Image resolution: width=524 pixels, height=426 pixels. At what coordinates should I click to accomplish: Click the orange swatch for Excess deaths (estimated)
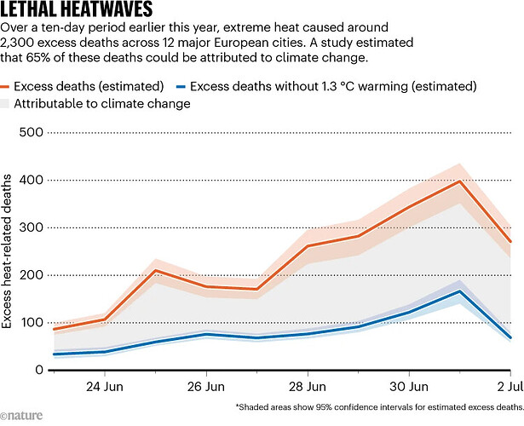click(15, 86)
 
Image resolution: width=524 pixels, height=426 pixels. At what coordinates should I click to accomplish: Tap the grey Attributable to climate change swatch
click(15, 103)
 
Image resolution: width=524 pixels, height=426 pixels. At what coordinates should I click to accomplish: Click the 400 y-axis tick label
click(31, 180)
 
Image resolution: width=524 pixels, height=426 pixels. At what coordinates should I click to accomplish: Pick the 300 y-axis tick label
click(31, 227)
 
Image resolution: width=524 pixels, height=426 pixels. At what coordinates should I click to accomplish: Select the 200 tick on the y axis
click(31, 275)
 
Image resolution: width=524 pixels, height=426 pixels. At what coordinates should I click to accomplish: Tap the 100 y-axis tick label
click(31, 323)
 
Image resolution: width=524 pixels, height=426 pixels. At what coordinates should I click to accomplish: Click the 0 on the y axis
click(39, 370)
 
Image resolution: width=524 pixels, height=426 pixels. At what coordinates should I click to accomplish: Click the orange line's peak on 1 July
click(460, 181)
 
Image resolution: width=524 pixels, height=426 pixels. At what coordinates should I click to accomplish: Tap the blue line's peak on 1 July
click(460, 291)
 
